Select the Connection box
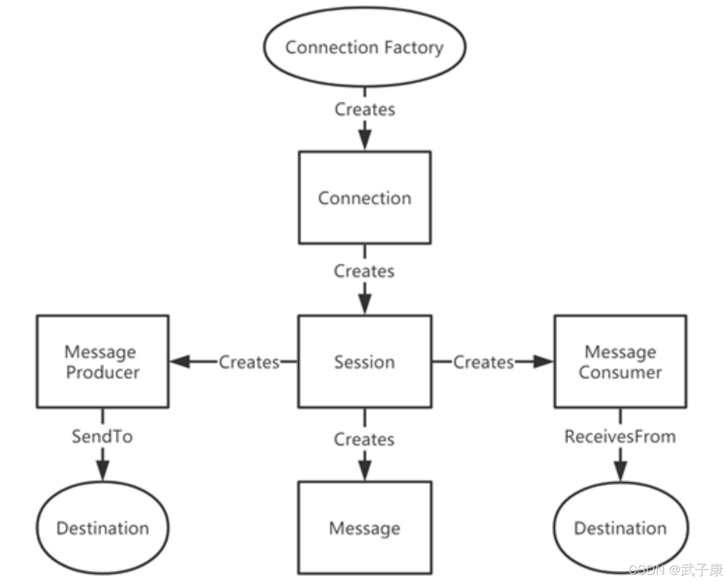pos(365,197)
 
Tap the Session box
pos(365,362)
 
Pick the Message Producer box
pos(102,362)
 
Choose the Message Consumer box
pos(620,362)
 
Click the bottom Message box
pos(365,528)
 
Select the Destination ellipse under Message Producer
pos(102,528)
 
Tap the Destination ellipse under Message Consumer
pos(620,528)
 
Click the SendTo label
pos(102,436)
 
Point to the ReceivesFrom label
pos(620,436)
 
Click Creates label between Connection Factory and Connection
pos(365,109)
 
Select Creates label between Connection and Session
pos(365,271)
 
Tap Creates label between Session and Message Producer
pos(249,362)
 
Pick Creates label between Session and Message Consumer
pos(484,362)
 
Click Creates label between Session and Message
pos(365,439)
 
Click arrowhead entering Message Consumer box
pos(543,362)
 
